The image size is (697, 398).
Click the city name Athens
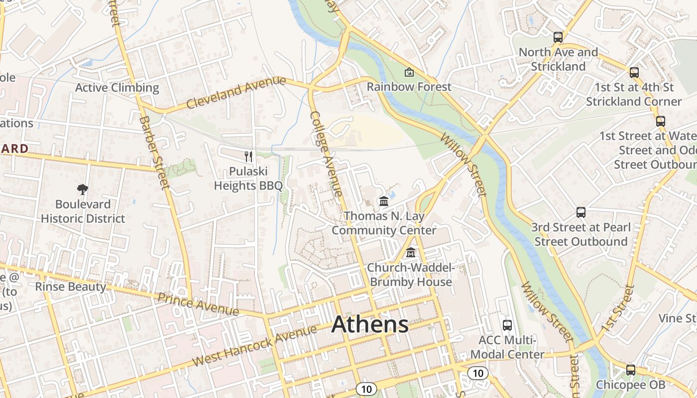370,324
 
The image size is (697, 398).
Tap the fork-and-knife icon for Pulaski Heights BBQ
248,157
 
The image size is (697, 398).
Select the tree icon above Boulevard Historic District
83,189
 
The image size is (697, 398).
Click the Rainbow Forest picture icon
409,72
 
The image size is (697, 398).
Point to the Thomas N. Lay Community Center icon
384,201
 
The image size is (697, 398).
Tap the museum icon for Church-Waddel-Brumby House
410,253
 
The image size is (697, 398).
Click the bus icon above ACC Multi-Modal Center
507,325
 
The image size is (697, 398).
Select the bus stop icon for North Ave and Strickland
558,37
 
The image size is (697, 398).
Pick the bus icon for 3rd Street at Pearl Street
581,212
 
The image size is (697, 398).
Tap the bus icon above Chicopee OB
631,370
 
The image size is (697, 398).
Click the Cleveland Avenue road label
236,93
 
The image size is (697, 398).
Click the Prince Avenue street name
198,304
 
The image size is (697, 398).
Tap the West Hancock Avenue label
254,346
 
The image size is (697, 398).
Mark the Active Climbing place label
117,88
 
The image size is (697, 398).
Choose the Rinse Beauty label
70,287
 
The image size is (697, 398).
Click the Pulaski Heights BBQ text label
248,179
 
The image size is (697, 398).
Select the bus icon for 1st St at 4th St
634,73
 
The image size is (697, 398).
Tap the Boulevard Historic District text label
83,211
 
